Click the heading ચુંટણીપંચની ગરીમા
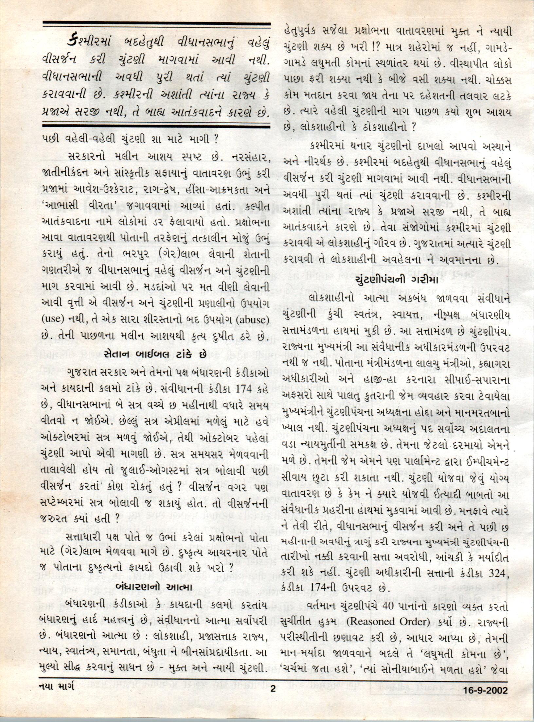point(396,280)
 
